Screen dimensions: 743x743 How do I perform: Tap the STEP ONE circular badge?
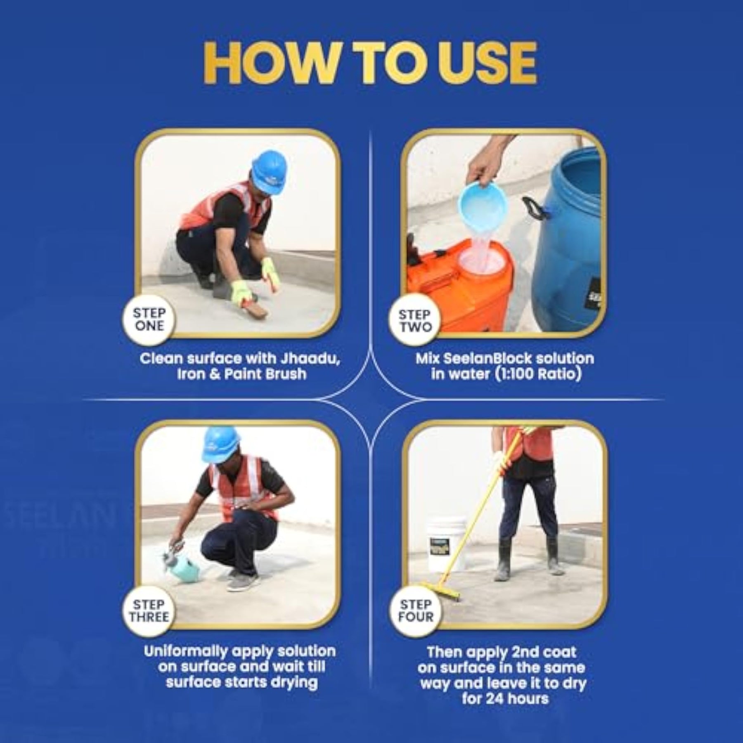point(149,319)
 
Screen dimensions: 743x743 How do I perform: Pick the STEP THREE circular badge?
point(149,611)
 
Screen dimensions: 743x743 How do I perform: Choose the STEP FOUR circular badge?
point(415,611)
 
